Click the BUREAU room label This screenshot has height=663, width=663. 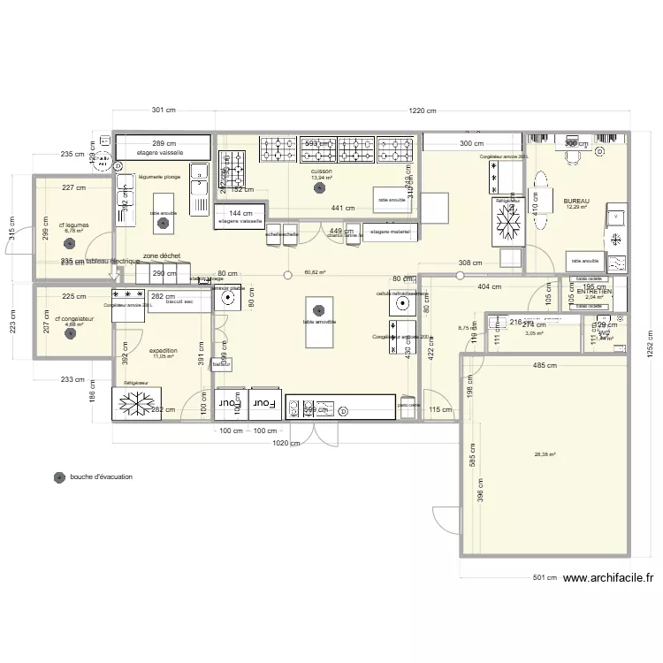coord(575,201)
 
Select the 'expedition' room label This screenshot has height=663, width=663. coord(164,350)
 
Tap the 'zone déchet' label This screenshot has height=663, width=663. coord(163,255)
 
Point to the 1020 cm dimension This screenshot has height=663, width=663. coord(285,443)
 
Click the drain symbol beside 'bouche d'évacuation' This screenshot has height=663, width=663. coord(59,477)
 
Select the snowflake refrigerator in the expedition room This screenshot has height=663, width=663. coord(137,403)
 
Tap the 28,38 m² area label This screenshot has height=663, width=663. coord(545,455)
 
